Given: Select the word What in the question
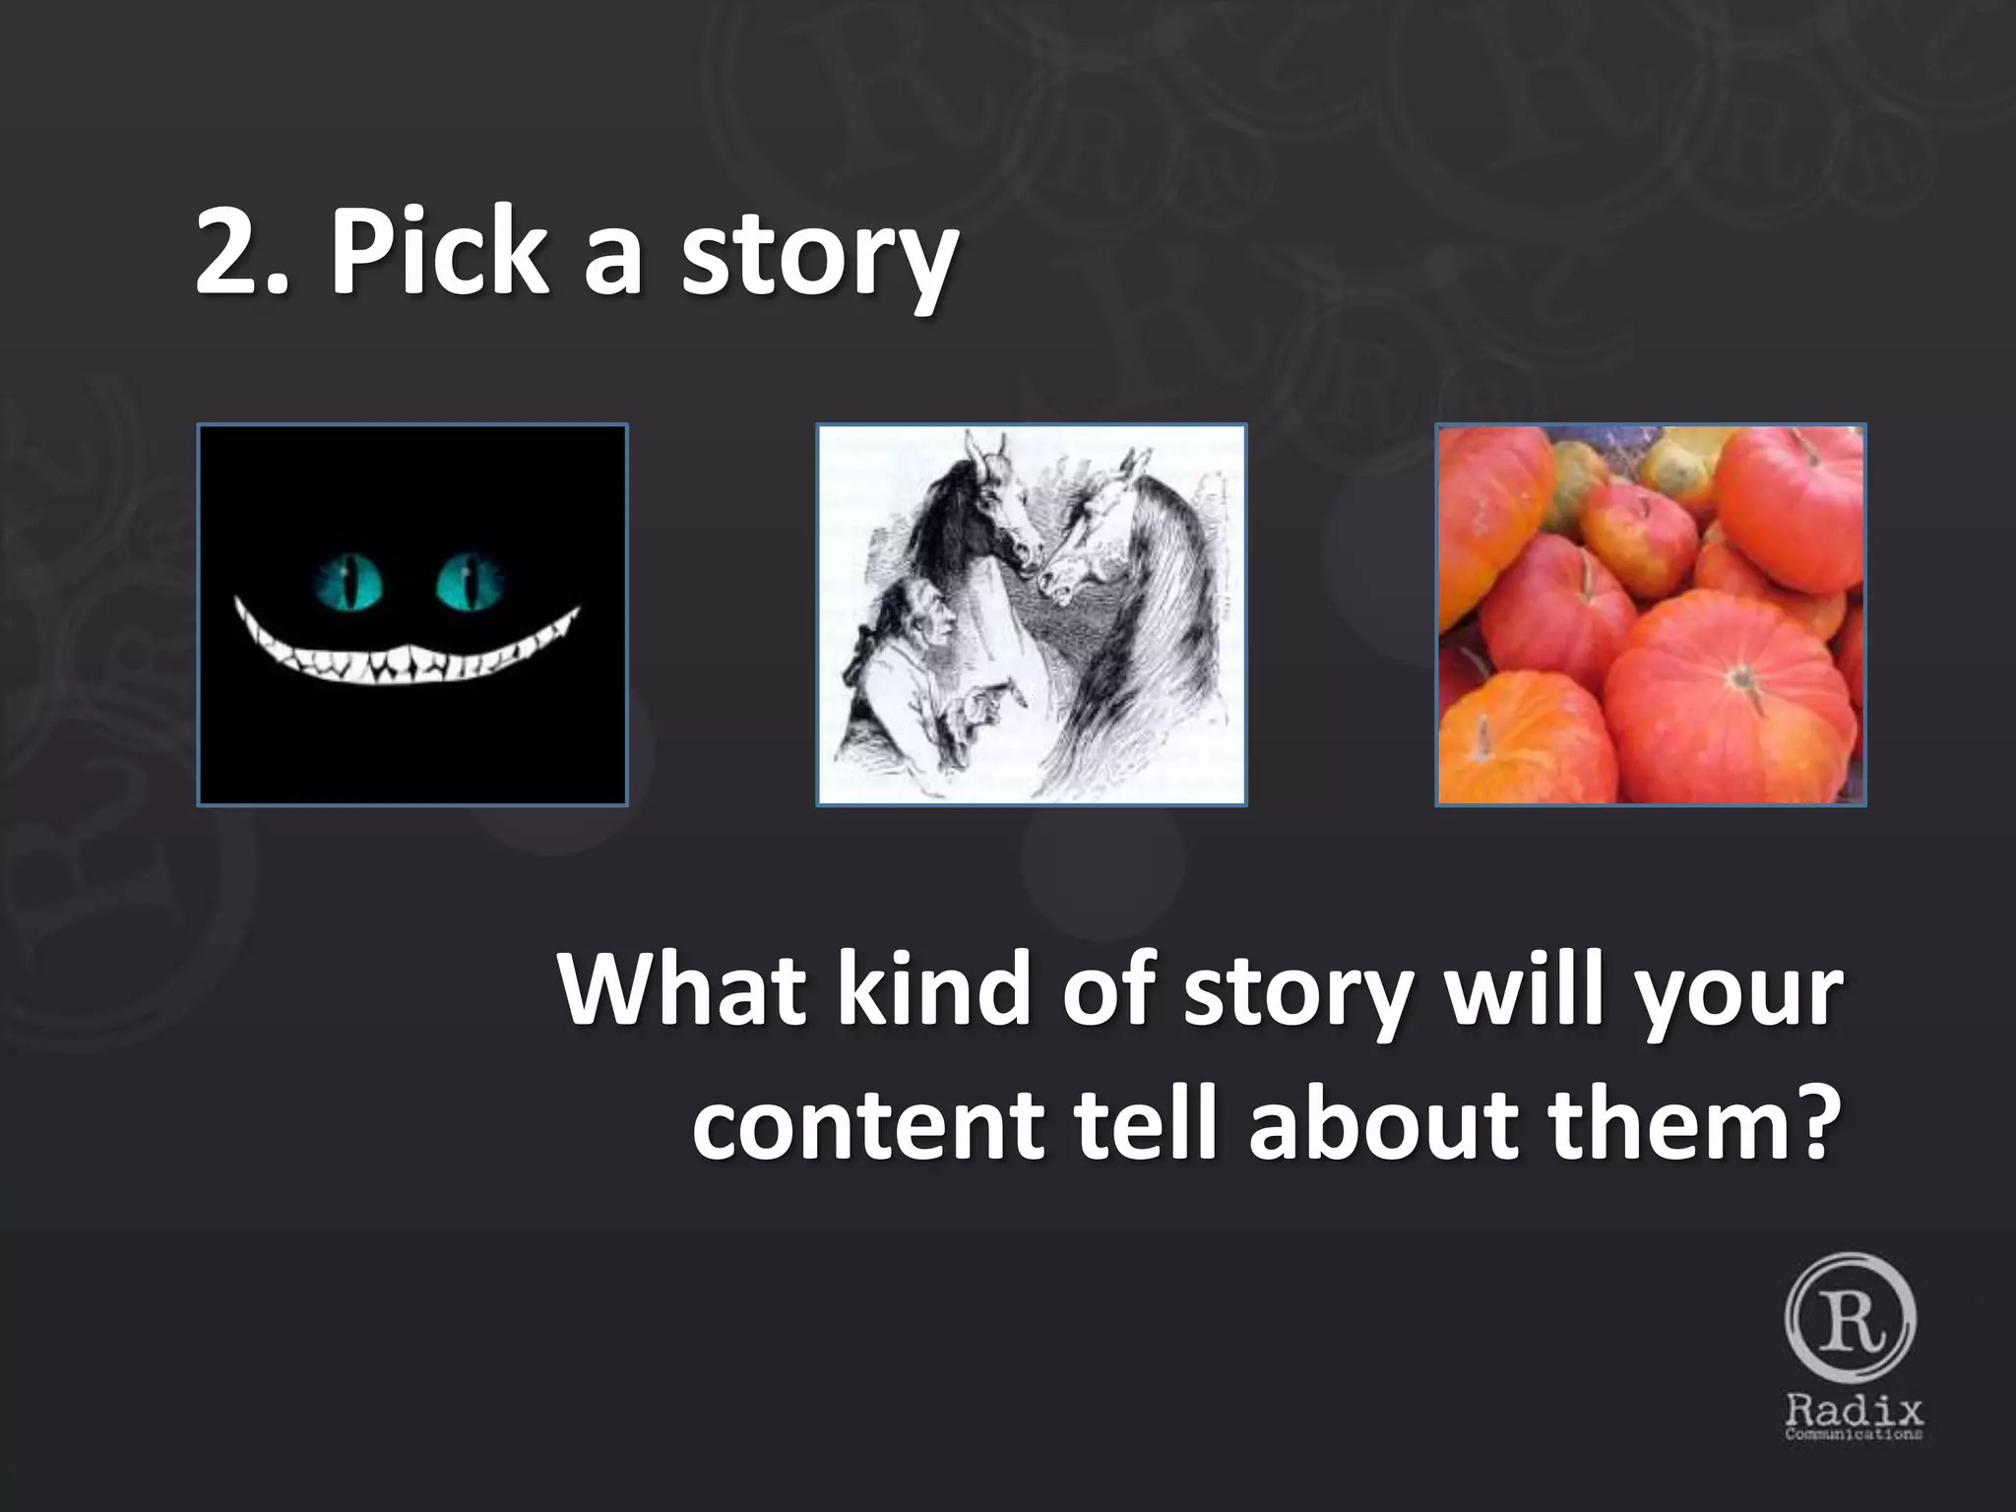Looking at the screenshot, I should point(679,989).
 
